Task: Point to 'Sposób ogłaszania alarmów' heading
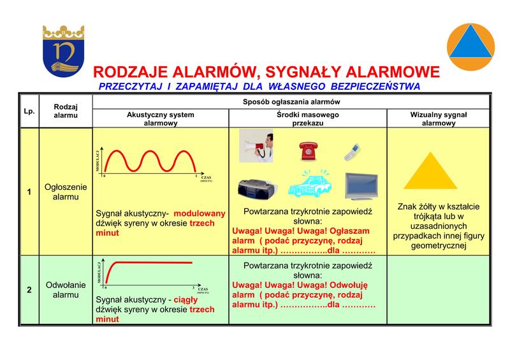pos(291,102)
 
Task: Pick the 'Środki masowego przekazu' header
pos(307,119)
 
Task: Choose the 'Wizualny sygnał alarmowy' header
pos(439,119)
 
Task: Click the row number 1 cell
pos(29,192)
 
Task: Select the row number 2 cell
pos(29,290)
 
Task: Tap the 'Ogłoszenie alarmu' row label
pos(66,192)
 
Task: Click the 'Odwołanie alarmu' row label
pos(66,290)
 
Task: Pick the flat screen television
pos(361,186)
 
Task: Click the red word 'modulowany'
pos(200,213)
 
